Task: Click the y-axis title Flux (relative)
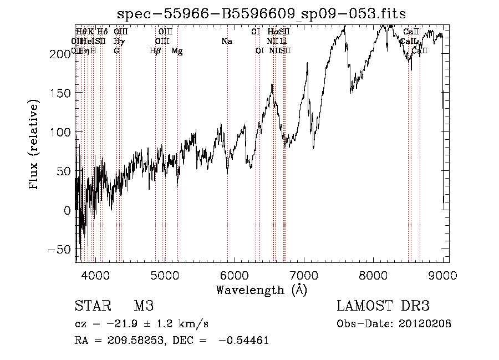point(34,145)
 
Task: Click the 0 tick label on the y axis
point(67,210)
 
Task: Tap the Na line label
point(226,42)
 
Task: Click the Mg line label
point(177,51)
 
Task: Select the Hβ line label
point(155,51)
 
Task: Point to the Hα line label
point(272,32)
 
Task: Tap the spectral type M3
point(144,306)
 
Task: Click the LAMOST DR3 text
point(383,306)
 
